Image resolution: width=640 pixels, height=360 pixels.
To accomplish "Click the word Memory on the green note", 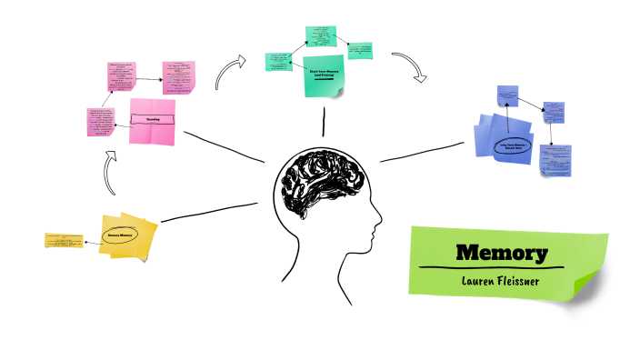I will click(x=502, y=252).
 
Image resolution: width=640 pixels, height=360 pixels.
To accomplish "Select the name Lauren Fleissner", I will click(x=501, y=280).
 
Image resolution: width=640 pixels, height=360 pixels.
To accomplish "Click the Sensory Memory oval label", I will click(x=121, y=235).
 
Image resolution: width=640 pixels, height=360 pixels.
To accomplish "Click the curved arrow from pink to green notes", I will click(x=231, y=73).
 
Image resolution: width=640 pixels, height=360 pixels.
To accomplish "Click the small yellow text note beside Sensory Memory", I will click(x=65, y=240).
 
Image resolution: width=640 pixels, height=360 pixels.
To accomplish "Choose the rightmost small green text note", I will click(x=360, y=47).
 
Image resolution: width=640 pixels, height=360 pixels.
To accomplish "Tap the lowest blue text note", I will click(x=555, y=160).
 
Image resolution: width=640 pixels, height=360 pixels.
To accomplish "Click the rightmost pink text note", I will click(x=179, y=76).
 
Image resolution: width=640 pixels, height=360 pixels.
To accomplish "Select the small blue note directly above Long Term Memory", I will click(x=507, y=95).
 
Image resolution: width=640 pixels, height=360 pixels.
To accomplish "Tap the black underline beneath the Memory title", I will click(x=501, y=267).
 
